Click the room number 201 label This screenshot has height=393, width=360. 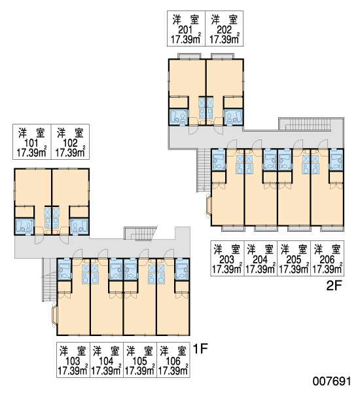point(185,30)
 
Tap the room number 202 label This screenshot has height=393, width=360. point(224,30)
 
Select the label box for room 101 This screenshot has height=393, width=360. point(32,142)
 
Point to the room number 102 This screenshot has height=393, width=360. point(70,143)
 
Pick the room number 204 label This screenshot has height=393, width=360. point(261,259)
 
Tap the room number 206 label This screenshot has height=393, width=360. point(327,259)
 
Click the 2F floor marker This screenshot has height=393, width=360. point(334,286)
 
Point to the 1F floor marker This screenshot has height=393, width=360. point(200,348)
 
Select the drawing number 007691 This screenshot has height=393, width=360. point(332,381)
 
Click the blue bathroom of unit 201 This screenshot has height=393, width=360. point(179,117)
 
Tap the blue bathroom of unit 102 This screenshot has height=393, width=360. point(79,227)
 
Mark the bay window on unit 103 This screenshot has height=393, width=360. point(54,314)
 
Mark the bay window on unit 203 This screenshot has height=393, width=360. point(208,206)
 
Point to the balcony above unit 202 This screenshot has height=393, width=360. point(223,56)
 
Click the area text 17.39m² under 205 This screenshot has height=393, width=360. point(294,269)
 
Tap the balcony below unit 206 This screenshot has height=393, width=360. point(333,229)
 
